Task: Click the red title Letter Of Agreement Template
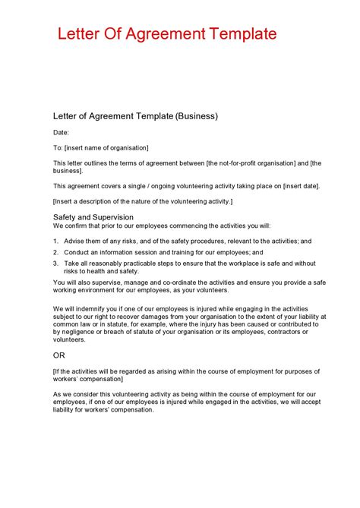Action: [167, 34]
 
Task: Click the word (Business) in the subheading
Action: [197, 116]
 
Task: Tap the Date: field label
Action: [61, 133]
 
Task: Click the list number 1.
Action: [55, 241]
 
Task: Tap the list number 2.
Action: [55, 252]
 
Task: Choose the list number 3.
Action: [55, 263]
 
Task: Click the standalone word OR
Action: [59, 355]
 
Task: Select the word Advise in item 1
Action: [74, 241]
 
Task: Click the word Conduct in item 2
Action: [77, 252]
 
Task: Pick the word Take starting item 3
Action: [71, 263]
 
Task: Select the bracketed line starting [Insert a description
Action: [143, 201]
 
